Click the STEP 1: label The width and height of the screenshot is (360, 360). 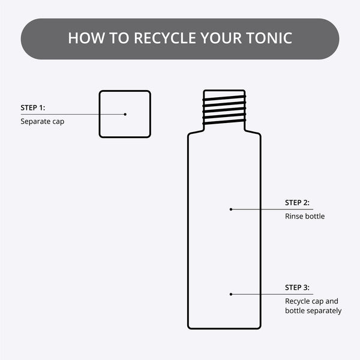33,109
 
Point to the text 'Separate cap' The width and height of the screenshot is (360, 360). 42,121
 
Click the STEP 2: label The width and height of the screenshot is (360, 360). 298,203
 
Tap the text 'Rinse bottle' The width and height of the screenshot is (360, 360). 305,216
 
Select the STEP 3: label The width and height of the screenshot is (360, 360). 298,287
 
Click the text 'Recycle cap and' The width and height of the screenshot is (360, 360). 312,301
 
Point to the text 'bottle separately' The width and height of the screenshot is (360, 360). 313,311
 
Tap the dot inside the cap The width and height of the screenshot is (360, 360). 125,114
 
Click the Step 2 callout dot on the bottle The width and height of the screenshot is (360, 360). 231,209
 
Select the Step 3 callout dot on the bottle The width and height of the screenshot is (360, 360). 231,294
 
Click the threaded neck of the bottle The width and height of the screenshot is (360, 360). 224,107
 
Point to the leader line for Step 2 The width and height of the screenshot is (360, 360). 258,209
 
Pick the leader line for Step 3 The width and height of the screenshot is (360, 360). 258,294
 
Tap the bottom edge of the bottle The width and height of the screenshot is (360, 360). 224,328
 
